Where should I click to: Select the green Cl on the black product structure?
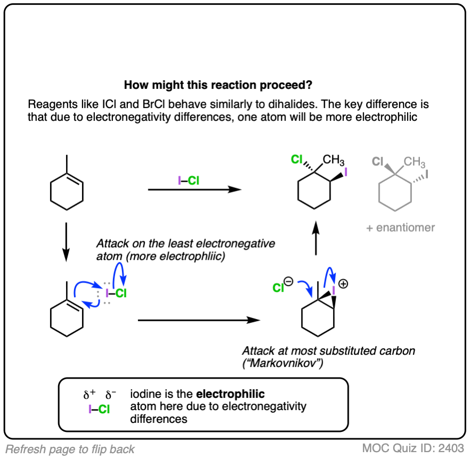tap(297, 159)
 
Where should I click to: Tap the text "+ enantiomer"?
tap(400, 228)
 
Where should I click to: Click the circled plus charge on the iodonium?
tap(343, 284)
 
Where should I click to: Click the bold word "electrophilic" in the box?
tap(230, 395)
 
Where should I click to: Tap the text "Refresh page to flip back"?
tap(70, 449)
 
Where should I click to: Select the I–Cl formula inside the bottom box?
tap(99, 410)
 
